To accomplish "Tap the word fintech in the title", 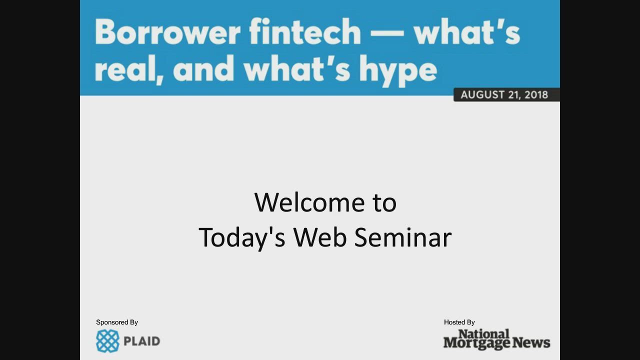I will tap(304, 32).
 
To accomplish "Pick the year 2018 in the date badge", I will tap(536, 95).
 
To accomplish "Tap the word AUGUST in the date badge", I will tap(481, 95).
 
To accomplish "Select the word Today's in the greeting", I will tap(241, 237).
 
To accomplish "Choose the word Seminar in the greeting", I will tap(402, 237).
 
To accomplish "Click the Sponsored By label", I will tap(117, 322).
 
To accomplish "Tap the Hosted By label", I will tap(459, 322).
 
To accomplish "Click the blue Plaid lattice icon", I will tap(107, 341).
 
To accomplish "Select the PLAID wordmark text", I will tap(141, 341).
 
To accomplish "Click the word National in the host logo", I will tap(483, 334).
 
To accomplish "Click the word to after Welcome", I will tap(384, 202).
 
